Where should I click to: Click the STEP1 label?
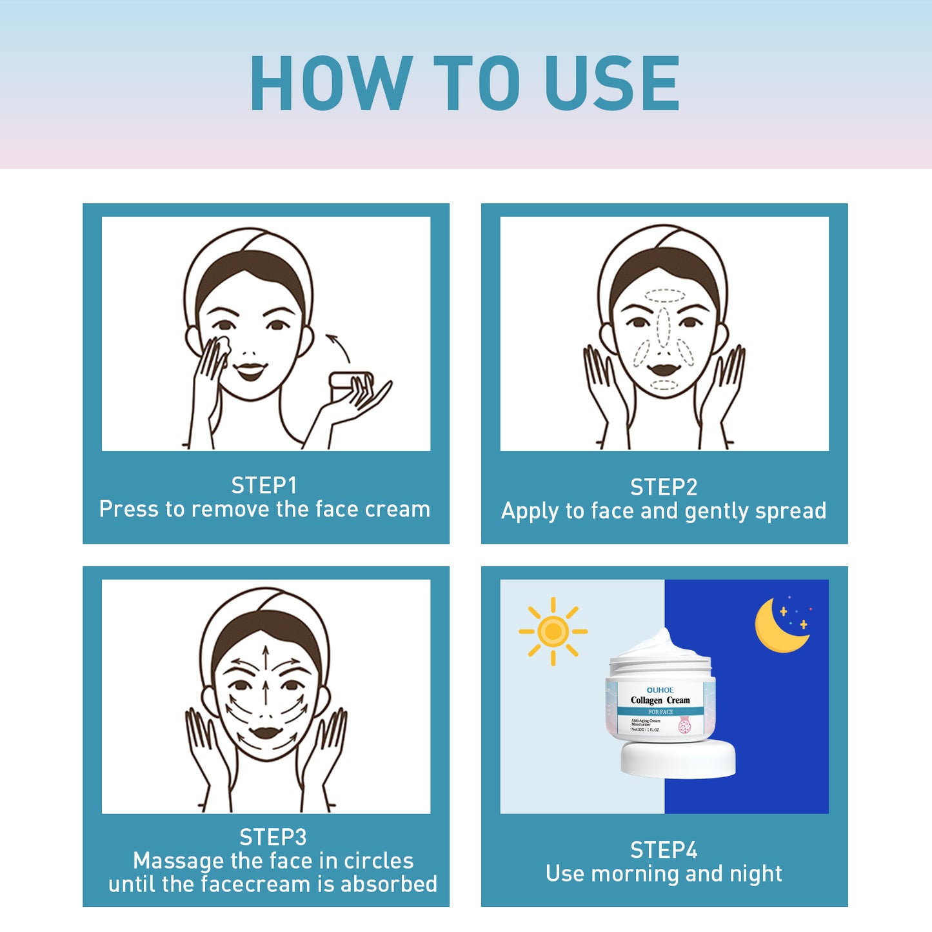(x=264, y=485)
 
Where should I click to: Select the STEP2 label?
(x=664, y=487)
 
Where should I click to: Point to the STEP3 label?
(x=273, y=837)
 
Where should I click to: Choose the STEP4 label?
(x=664, y=850)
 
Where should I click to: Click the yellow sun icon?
(x=553, y=631)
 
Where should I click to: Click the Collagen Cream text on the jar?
(x=660, y=700)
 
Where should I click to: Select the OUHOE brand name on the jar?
(x=660, y=689)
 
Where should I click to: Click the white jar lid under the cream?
(x=678, y=759)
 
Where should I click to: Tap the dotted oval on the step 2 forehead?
(x=664, y=295)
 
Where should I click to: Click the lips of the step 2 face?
(x=664, y=370)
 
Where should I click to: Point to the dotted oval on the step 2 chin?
(x=664, y=385)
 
